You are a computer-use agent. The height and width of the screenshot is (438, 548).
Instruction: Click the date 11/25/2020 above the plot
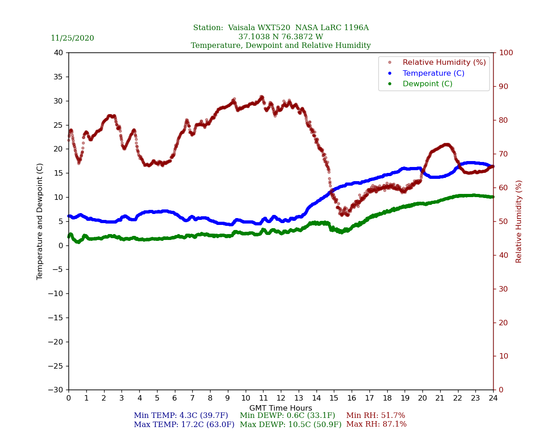72,38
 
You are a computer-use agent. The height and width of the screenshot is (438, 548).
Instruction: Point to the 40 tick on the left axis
58,53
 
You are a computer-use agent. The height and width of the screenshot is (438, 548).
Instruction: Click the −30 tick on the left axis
55,390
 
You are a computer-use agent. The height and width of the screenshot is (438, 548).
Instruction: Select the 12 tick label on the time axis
281,398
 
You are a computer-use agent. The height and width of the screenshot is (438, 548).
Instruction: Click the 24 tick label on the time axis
493,398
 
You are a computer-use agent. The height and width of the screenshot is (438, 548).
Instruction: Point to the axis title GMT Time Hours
281,408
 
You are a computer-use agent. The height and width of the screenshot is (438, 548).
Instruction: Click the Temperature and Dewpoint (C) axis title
40,221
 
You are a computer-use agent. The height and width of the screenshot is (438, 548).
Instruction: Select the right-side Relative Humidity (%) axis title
519,221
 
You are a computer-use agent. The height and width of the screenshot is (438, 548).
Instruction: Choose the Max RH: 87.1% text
376,424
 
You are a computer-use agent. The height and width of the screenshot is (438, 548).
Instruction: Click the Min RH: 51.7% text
375,416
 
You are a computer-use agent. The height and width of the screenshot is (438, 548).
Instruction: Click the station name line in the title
281,28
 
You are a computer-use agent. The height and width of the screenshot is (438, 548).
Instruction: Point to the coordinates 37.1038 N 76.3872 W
281,37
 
